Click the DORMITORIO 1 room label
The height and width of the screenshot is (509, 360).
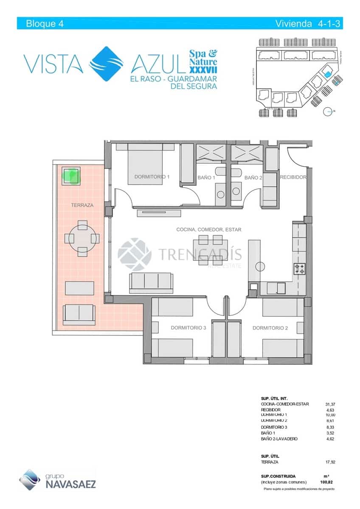pyautogui.click(x=152, y=177)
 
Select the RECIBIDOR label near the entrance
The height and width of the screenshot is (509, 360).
pyautogui.click(x=292, y=177)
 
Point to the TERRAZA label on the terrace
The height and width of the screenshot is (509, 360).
pyautogui.click(x=82, y=205)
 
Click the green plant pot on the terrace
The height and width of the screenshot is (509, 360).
pyautogui.click(x=70, y=176)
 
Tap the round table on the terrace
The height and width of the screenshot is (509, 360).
pyautogui.click(x=82, y=238)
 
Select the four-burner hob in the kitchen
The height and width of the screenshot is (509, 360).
pyautogui.click(x=299, y=268)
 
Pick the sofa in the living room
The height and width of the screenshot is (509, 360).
pyautogui.click(x=151, y=282)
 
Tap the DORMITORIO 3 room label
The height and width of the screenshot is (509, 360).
pyautogui.click(x=188, y=328)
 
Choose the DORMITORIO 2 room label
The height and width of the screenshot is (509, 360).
pyautogui.click(x=270, y=328)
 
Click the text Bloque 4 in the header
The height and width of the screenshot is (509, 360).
pyautogui.click(x=45, y=24)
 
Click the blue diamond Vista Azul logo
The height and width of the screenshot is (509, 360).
pyautogui.click(x=107, y=63)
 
